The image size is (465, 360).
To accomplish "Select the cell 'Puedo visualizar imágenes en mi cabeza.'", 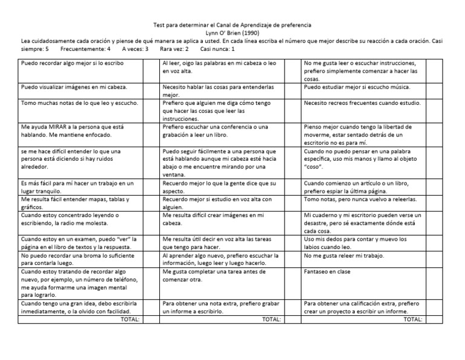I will coord(74,87).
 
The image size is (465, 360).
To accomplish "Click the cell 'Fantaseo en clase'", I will coord(327,272).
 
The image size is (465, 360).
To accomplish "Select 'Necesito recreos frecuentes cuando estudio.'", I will coord(362,103).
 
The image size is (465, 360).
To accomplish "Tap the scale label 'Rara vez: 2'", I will coord(174,48).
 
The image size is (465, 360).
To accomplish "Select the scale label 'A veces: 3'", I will coord(136,48).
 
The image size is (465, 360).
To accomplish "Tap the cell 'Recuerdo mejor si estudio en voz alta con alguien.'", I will coord(217,202).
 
